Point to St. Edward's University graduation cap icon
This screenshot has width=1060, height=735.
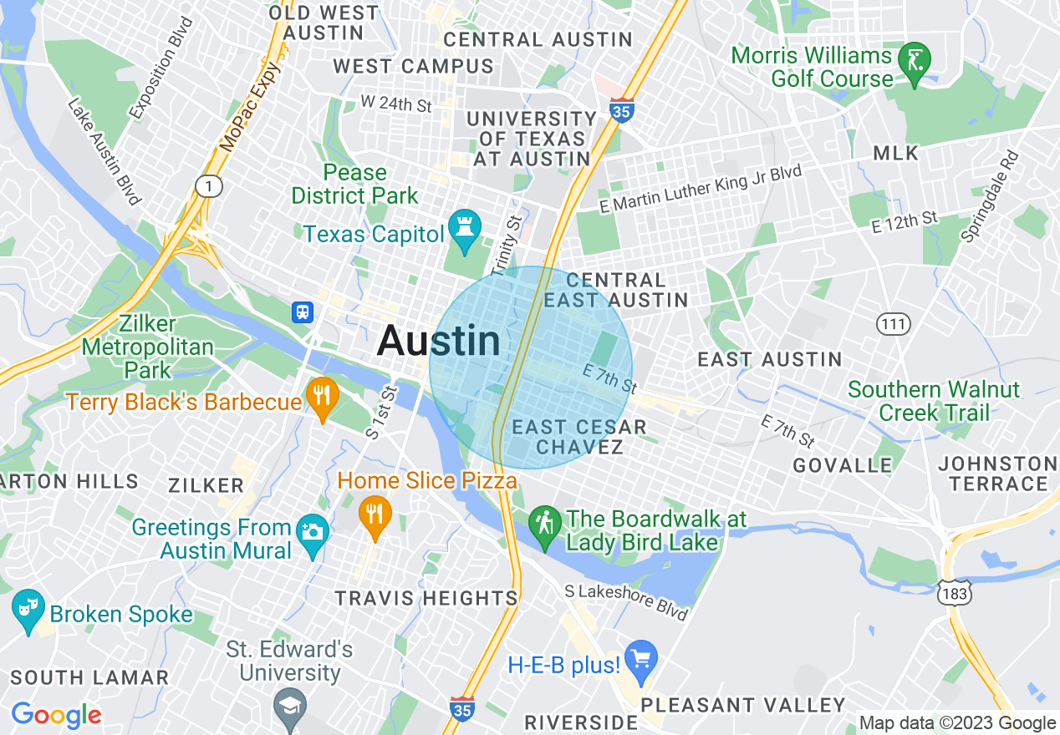click(290, 707)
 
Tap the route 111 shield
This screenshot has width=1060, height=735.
click(893, 322)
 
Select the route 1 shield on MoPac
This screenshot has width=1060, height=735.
click(208, 185)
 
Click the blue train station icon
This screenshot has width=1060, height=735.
click(303, 312)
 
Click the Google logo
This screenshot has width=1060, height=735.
click(56, 715)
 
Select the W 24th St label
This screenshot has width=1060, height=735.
click(396, 104)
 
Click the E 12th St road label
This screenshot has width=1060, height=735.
click(905, 221)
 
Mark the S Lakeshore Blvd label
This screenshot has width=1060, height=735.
click(626, 602)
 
